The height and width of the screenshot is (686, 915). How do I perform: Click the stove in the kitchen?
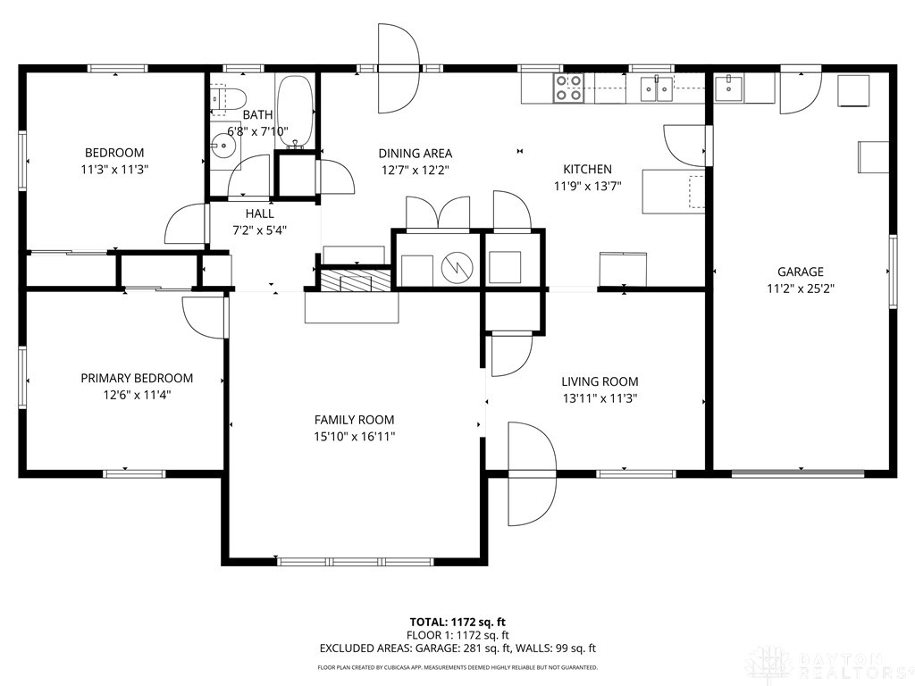(x=569, y=87)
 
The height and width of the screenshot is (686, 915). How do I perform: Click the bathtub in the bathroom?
(x=294, y=111)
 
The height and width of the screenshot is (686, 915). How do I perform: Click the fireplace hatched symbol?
(x=357, y=280)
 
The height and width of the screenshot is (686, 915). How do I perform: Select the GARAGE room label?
(x=800, y=272)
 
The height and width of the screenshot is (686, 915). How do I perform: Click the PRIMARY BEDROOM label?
(x=137, y=378)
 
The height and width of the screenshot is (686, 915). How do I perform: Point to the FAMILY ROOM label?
(x=354, y=420)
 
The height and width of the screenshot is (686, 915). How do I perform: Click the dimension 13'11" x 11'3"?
(x=600, y=399)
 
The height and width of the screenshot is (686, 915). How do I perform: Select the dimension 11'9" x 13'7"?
(x=586, y=186)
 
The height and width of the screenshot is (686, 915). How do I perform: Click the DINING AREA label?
(x=415, y=153)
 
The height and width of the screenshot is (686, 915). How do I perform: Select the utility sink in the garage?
(x=732, y=88)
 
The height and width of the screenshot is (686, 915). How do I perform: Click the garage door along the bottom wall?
(x=800, y=472)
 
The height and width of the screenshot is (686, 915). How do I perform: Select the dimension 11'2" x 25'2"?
(x=800, y=289)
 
